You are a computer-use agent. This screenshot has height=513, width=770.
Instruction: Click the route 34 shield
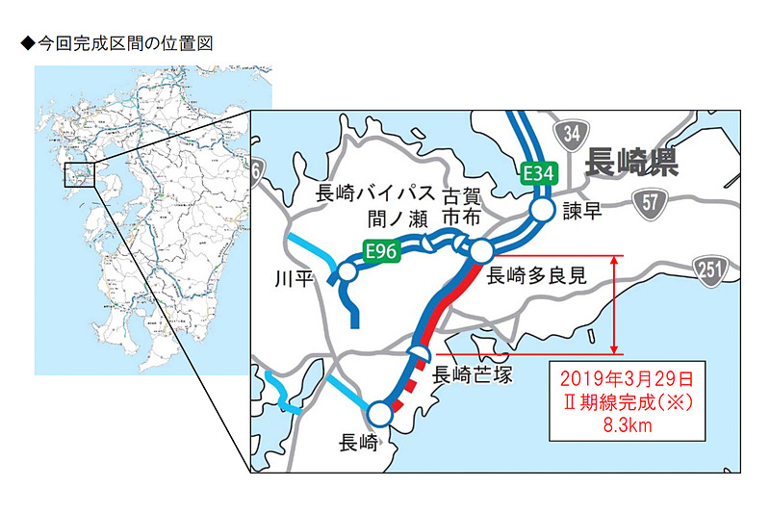572,132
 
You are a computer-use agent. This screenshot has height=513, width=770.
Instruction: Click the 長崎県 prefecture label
631,163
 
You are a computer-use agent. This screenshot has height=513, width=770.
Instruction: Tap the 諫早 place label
581,212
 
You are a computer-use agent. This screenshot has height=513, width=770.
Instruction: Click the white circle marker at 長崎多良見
480,251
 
